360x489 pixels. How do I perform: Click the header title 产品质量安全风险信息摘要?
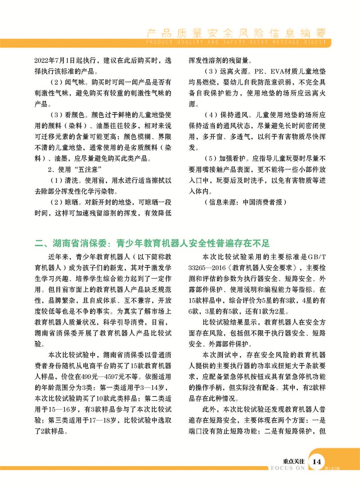pos(236,32)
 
